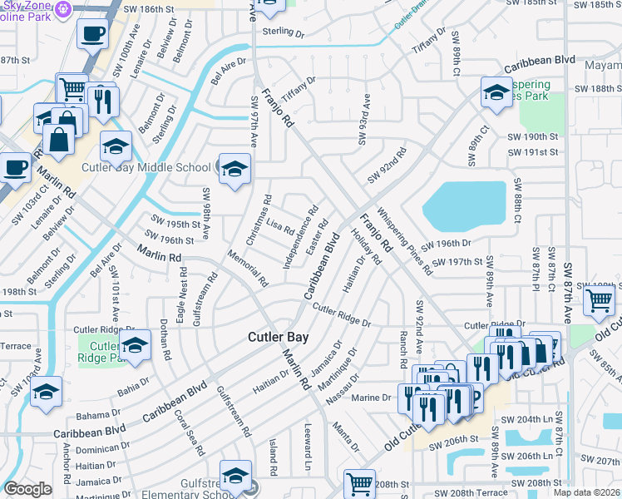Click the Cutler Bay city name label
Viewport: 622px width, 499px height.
pos(279,337)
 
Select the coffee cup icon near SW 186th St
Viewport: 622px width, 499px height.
pos(92,35)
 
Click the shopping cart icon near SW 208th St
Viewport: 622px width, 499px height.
pos(359,482)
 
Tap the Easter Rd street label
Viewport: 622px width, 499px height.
pos(318,237)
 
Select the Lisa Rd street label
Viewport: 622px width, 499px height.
pos(279,226)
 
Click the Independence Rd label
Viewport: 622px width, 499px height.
pos(299,238)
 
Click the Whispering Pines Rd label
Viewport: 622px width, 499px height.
pos(406,240)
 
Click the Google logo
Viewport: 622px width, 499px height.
pos(27,489)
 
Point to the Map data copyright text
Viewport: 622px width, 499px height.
pos(586,492)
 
